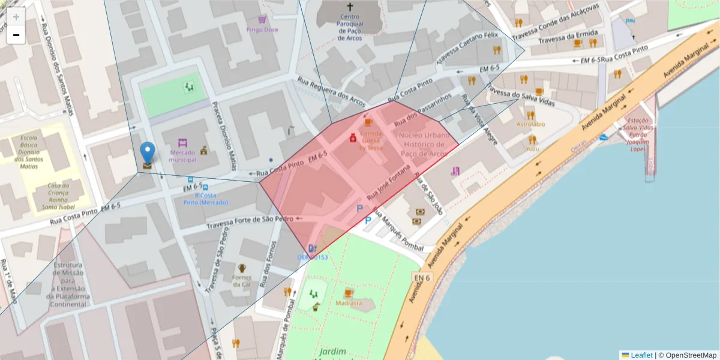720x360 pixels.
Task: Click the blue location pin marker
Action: (147, 153)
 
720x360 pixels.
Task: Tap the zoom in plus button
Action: (16, 17)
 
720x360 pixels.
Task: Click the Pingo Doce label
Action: (262, 29)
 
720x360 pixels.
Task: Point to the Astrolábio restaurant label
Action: (530, 124)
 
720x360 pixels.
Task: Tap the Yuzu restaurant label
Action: (532, 148)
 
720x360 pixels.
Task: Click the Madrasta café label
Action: (349, 303)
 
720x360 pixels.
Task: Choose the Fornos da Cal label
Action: (242, 281)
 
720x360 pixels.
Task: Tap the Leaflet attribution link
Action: (641, 355)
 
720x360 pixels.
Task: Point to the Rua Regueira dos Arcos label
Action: (331, 90)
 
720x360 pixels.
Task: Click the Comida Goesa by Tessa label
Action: (371, 140)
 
